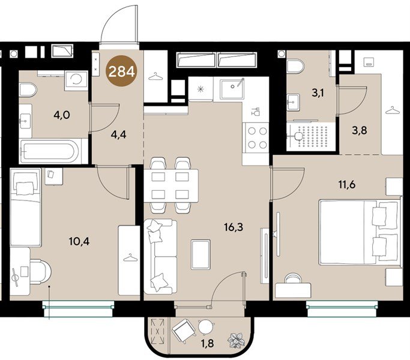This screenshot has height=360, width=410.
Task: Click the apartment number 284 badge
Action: click(122, 71)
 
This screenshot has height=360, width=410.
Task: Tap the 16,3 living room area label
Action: click(234, 227)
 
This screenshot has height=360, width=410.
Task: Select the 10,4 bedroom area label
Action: click(79, 241)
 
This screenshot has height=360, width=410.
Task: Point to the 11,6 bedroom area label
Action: click(347, 185)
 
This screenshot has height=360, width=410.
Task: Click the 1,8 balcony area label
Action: click(207, 343)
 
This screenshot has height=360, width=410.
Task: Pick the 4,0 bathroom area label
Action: click(62, 115)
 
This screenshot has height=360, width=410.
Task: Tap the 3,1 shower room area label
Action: click(318, 93)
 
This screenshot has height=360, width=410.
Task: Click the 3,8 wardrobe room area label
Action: click(359, 130)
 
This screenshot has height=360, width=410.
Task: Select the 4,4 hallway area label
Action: click(119, 134)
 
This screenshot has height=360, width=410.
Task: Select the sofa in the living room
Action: click(160, 257)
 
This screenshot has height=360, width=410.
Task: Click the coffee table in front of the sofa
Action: click(200, 254)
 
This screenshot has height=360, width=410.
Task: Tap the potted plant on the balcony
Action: click(236, 340)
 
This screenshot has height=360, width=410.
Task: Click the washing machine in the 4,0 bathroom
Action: click(76, 80)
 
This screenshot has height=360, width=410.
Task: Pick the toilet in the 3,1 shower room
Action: click(295, 66)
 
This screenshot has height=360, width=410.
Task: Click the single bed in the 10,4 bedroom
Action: click(26, 207)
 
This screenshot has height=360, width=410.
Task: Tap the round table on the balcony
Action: click(206, 327)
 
